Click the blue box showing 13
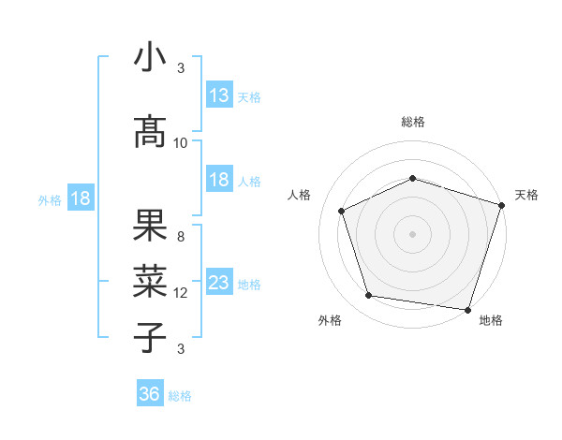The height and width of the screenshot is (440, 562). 219,95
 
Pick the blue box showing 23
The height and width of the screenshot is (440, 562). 219,282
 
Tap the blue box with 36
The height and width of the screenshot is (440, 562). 150,394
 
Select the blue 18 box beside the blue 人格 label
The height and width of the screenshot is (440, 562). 219,180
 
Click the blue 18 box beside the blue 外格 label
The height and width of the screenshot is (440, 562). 80,198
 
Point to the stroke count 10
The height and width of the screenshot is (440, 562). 181,142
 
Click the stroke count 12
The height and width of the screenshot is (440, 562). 181,292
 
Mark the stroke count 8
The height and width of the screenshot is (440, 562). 181,236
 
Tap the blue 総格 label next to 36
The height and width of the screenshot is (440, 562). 180,396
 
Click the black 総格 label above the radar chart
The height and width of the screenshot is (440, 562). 412,122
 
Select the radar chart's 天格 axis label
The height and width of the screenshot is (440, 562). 526,195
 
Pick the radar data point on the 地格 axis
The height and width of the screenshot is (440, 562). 467,309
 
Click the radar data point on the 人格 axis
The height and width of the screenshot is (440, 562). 342,211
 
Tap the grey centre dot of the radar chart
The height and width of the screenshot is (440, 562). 412,233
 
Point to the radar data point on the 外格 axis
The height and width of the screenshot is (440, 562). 369,296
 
